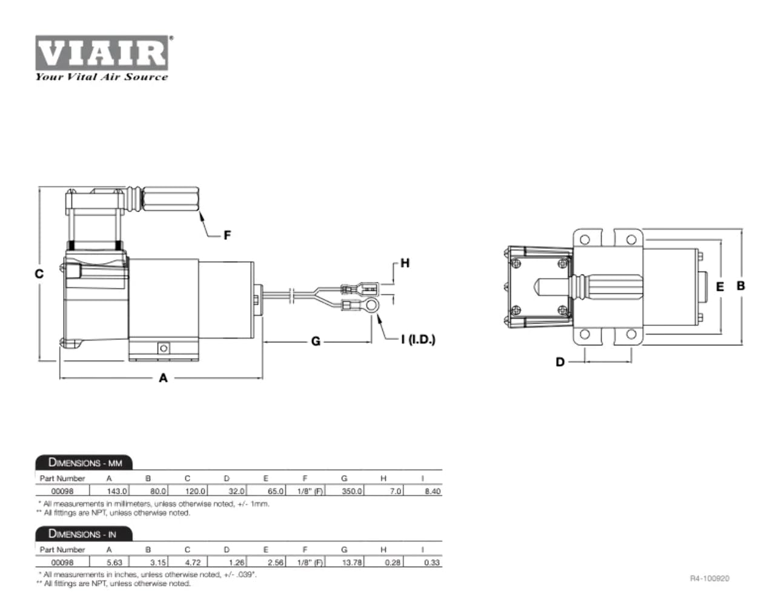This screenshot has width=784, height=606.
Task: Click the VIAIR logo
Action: click(x=102, y=53)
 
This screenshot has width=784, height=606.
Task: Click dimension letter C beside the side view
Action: click(x=39, y=273)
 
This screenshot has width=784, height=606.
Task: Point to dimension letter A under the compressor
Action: click(x=163, y=378)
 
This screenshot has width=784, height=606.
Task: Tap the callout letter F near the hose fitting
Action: click(x=227, y=235)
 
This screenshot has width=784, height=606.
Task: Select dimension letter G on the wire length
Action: click(x=316, y=342)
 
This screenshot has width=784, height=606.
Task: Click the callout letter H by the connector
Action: click(x=405, y=263)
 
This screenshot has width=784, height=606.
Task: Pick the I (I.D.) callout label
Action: click(x=418, y=340)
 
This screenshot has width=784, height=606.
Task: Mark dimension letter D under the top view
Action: click(x=560, y=362)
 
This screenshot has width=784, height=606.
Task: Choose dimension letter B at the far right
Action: click(x=740, y=285)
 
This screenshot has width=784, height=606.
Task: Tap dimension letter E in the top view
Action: click(x=720, y=287)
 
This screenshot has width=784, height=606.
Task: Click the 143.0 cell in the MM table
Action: click(x=116, y=491)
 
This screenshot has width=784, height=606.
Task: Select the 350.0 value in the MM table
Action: click(x=351, y=491)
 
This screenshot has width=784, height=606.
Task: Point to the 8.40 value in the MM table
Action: click(x=432, y=491)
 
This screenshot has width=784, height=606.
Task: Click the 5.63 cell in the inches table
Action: click(x=114, y=562)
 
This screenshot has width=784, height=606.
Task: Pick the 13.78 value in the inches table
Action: click(x=351, y=562)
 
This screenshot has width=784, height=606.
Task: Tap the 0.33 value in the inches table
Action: click(x=432, y=562)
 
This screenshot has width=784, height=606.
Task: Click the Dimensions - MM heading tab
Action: click(x=85, y=463)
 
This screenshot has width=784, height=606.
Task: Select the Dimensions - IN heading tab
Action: click(x=82, y=534)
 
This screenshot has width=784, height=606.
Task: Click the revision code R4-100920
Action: click(x=709, y=579)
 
